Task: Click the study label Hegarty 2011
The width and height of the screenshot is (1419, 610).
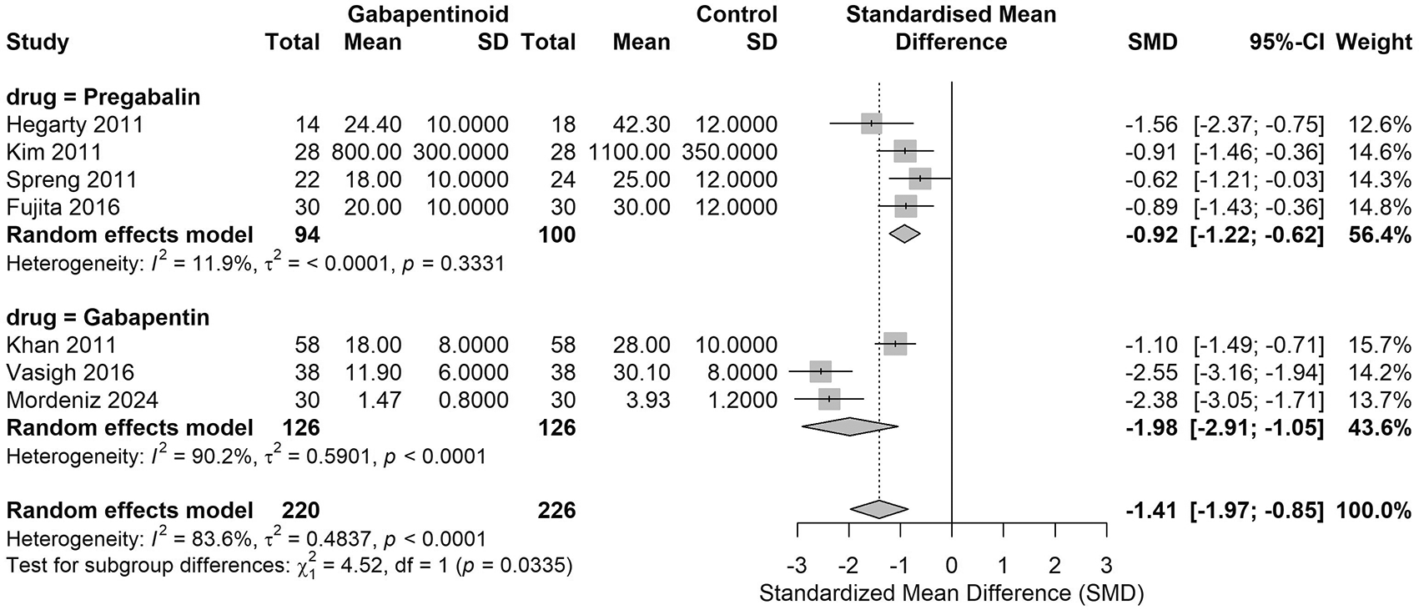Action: point(75,125)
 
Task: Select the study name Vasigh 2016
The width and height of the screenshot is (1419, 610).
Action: point(70,372)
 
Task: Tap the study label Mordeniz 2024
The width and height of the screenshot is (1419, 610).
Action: point(83,401)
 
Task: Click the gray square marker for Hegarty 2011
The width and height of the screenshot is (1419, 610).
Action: point(872,124)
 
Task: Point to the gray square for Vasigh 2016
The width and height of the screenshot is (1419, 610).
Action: point(820,372)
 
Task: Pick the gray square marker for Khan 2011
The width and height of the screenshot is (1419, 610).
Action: point(895,344)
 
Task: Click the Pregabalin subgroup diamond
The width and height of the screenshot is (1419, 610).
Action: point(904,234)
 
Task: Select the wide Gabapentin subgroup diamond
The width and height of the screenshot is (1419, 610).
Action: point(849,427)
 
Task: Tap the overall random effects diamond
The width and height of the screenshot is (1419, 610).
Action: point(878,510)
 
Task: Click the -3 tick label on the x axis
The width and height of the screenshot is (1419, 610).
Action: point(797,565)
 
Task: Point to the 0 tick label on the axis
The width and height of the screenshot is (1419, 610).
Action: point(952,565)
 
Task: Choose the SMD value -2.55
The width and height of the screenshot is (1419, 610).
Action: point(1151,372)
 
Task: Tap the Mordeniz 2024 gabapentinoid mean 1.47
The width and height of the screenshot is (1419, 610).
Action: point(380,401)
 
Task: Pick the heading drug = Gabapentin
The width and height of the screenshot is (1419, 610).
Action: point(108,317)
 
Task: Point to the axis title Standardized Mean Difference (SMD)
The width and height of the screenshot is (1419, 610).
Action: point(952,593)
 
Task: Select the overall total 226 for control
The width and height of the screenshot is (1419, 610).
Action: point(556,511)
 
